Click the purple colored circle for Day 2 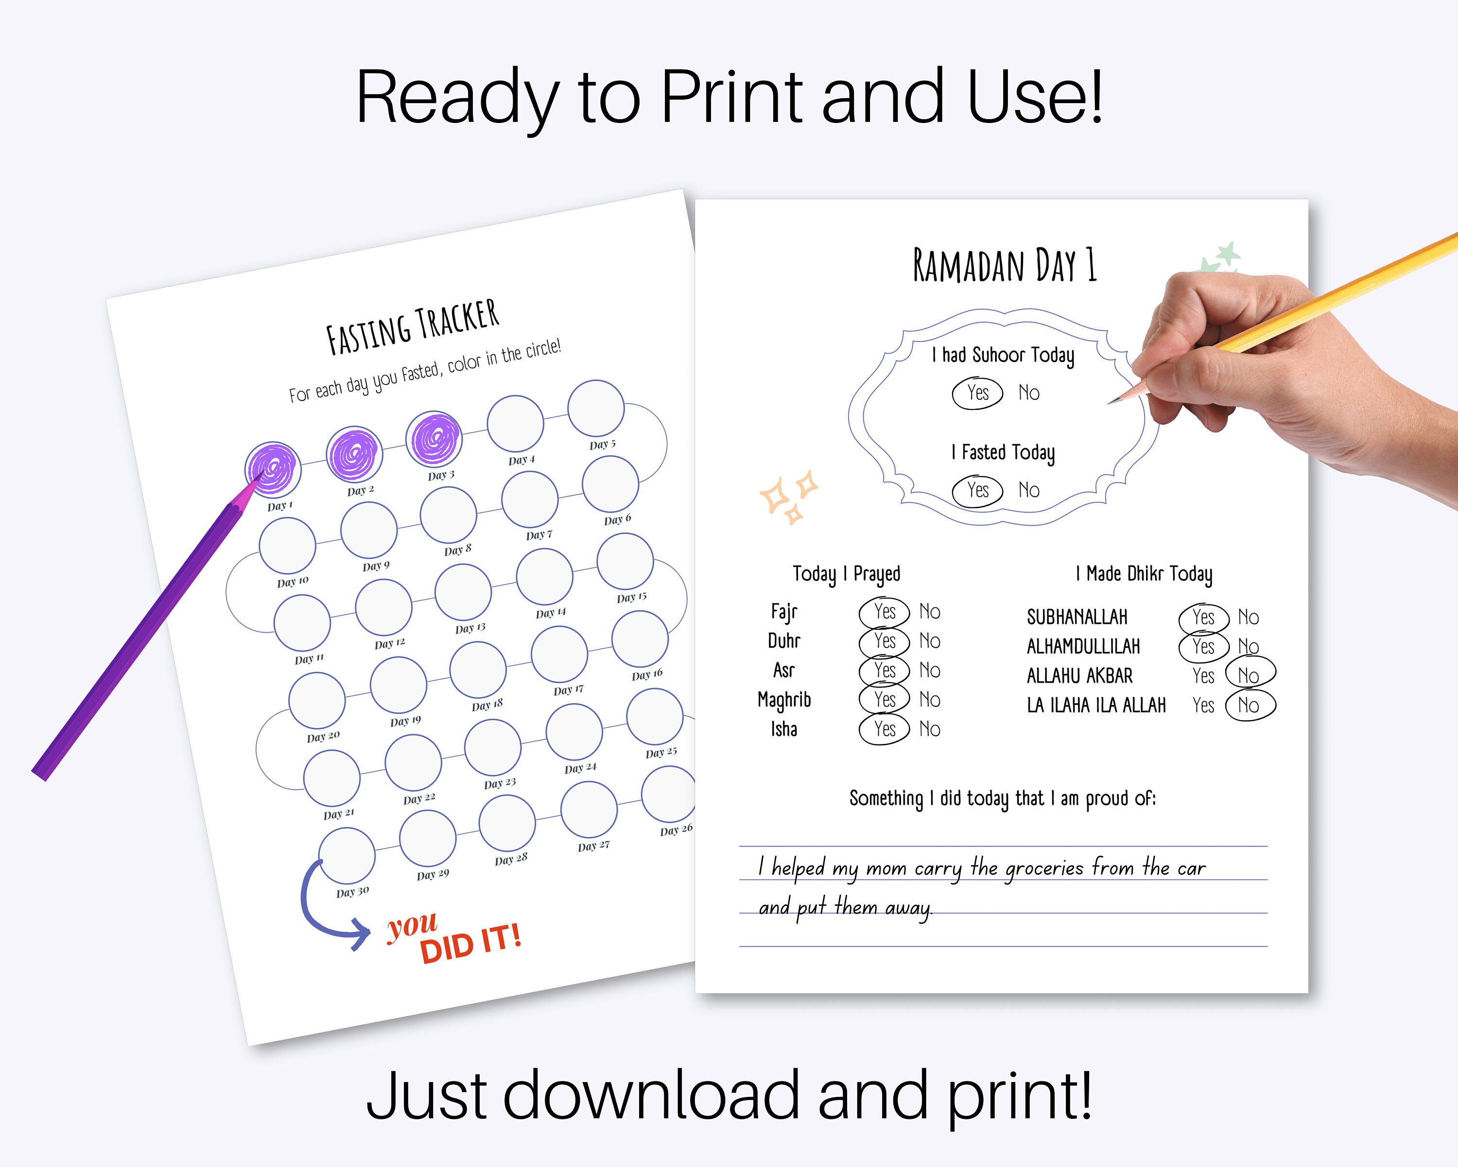pos(354,454)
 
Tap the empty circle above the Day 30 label pos(347,855)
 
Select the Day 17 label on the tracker pos(568,690)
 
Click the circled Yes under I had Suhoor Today pos(977,393)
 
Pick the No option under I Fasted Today pos(1028,490)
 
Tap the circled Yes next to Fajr pos(885,612)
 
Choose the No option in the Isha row pos(930,729)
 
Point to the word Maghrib pos(784,700)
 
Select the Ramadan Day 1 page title pos(1004,265)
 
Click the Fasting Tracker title pos(413,327)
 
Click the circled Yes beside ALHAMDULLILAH pos(1203,647)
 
